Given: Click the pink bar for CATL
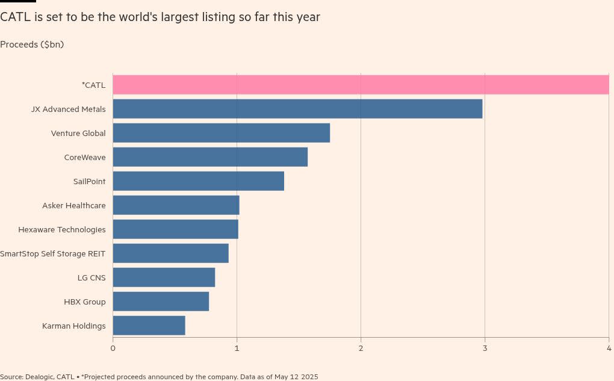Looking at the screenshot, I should pos(361,85).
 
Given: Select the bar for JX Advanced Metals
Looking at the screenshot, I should pos(297,109).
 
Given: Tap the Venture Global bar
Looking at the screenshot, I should pos(221,133).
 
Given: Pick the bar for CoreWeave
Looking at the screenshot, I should pos(210,157).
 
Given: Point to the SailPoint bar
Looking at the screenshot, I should pos(198,181).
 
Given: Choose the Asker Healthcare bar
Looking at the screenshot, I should pos(176,205).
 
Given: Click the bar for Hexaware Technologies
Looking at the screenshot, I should pos(175,229).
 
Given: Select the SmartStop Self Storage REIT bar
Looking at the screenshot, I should pos(170,253).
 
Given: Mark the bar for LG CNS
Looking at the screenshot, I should pos(164,277).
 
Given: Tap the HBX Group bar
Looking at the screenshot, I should pos(161,302).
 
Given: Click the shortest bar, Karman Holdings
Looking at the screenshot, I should pos(149,326).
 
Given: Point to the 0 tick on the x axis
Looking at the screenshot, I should pos(113,348).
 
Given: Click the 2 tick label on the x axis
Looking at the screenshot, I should pos(361,348).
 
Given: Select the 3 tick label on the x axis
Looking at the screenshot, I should pos(485,348).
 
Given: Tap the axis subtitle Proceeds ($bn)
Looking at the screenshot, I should pos(32,45).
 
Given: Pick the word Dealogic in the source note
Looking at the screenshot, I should pos(40,377).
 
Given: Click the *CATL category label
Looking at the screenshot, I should pos(93,85).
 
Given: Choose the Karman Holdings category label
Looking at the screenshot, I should pos(73,326).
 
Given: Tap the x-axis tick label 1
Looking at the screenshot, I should pos(237,348).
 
